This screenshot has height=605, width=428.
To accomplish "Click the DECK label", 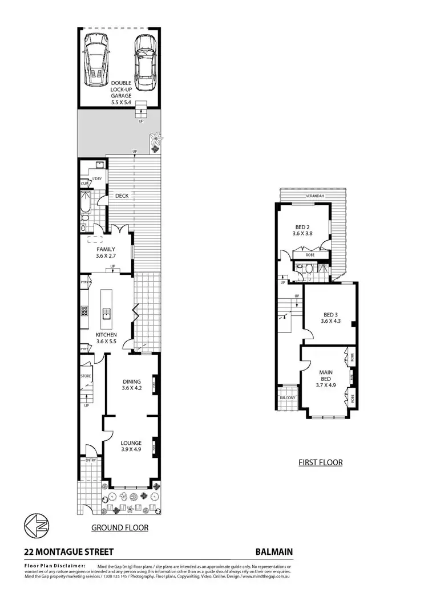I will (x=122, y=196).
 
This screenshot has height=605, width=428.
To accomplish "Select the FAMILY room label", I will (x=106, y=249).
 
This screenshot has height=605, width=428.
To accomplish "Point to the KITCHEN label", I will (x=106, y=335).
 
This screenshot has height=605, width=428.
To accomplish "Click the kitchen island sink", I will (x=106, y=311).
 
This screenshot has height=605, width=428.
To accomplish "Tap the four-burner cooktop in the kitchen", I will (x=83, y=311).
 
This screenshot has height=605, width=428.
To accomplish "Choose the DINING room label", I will (x=132, y=381).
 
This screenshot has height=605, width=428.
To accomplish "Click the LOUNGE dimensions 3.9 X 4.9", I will (x=131, y=449).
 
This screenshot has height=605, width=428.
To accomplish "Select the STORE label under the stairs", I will (x=86, y=376).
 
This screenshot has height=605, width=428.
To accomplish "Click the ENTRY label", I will (x=91, y=460).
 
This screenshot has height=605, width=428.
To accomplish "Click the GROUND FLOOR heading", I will (x=120, y=528).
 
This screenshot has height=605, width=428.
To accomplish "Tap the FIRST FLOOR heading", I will (x=321, y=462).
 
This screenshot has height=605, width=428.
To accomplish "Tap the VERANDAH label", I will (x=315, y=196).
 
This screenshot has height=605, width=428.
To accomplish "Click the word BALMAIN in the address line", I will (x=274, y=551).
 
